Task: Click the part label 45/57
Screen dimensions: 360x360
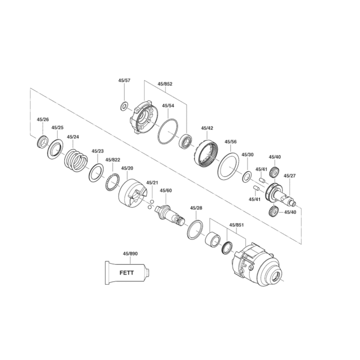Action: (x=124, y=80)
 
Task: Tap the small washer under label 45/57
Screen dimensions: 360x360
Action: (x=124, y=106)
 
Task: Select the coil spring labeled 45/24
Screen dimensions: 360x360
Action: (x=76, y=160)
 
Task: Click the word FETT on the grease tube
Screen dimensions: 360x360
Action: (x=126, y=273)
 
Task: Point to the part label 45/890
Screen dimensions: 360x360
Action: (x=130, y=254)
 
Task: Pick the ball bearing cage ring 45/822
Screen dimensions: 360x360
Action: (x=113, y=182)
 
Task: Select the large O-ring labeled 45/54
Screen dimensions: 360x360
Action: (x=168, y=132)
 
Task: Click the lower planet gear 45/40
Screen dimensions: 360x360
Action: (x=273, y=212)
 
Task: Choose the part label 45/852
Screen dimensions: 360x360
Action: (x=165, y=84)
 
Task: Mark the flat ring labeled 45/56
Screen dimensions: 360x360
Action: (x=228, y=166)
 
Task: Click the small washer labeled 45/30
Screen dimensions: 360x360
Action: (x=247, y=177)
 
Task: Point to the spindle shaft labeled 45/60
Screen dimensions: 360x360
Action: (x=170, y=215)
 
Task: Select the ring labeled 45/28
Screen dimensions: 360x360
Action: (x=195, y=230)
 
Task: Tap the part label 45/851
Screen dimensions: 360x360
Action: (x=236, y=225)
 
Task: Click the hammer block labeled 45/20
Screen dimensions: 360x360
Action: (x=133, y=193)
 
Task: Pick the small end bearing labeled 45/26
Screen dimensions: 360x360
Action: (x=43, y=142)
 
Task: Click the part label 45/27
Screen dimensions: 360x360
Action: (x=290, y=176)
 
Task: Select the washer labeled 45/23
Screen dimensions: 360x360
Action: (x=96, y=172)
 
